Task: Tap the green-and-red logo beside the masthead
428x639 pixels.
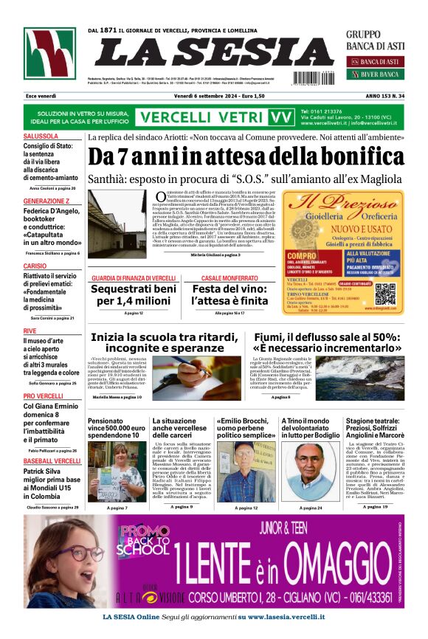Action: coord(49,54)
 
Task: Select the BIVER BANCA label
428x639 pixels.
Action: coord(380,75)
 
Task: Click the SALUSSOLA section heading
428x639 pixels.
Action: coord(41,137)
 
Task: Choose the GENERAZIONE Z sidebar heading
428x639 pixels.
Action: coord(46,201)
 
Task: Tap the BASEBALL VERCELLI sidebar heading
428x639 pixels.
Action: coord(52,461)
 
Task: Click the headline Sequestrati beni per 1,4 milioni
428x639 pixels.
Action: coord(133,295)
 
